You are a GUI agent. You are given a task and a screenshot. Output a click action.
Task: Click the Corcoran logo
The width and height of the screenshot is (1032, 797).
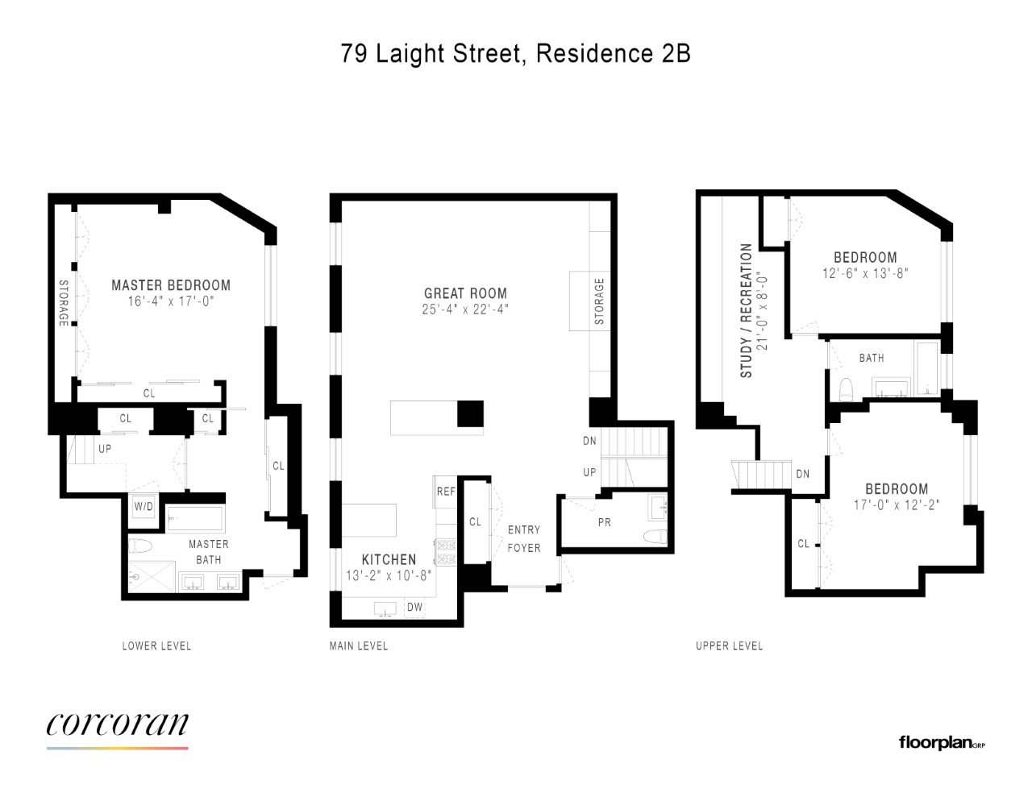pyautogui.click(x=117, y=725)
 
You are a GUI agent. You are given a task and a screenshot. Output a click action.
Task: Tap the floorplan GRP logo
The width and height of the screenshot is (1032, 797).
pyautogui.click(x=941, y=742)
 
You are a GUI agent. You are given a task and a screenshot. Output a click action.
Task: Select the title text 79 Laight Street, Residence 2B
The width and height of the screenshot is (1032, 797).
pyautogui.click(x=515, y=53)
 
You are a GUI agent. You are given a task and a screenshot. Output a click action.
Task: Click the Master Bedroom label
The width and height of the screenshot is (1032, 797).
pyautogui.click(x=171, y=285)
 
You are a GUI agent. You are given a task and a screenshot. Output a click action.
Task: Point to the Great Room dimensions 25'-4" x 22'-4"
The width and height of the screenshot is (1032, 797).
pyautogui.click(x=465, y=309)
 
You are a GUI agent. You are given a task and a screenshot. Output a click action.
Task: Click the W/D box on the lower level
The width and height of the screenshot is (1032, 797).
pyautogui.click(x=144, y=507)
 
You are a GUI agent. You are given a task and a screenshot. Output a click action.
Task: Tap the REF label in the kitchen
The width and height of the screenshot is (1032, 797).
pyautogui.click(x=446, y=492)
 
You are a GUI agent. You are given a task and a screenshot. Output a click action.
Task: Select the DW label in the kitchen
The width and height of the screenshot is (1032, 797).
pyautogui.click(x=414, y=607)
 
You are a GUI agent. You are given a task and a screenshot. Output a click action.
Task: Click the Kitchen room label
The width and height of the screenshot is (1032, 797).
pyautogui.click(x=389, y=559)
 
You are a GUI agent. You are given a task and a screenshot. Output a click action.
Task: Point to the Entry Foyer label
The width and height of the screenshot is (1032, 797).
pyautogui.click(x=524, y=538)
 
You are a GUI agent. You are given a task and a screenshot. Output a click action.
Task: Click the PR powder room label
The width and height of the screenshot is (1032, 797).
pyautogui.click(x=605, y=522)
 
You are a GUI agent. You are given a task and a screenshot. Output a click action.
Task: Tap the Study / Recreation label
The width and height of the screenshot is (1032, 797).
pyautogui.click(x=747, y=311)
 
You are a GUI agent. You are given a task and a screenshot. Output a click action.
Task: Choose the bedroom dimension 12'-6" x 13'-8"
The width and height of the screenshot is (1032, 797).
pyautogui.click(x=865, y=274)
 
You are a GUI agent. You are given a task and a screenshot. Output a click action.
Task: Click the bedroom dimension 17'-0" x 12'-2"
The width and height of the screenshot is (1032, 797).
pyautogui.click(x=897, y=505)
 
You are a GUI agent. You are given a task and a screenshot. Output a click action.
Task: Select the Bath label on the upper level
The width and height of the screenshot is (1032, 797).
pyautogui.click(x=872, y=358)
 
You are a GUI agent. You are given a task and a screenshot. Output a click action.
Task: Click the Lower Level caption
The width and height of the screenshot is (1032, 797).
pyautogui.click(x=156, y=645)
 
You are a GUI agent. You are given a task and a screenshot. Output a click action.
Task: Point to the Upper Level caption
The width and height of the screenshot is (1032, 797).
pyautogui.click(x=729, y=645)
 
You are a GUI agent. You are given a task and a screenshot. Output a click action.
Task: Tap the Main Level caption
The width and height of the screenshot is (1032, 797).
pyautogui.click(x=359, y=645)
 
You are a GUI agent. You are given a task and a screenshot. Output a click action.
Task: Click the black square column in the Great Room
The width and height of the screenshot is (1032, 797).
pyautogui.click(x=470, y=413)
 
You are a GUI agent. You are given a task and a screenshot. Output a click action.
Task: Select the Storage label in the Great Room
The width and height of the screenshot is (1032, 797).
pyautogui.click(x=599, y=301)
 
